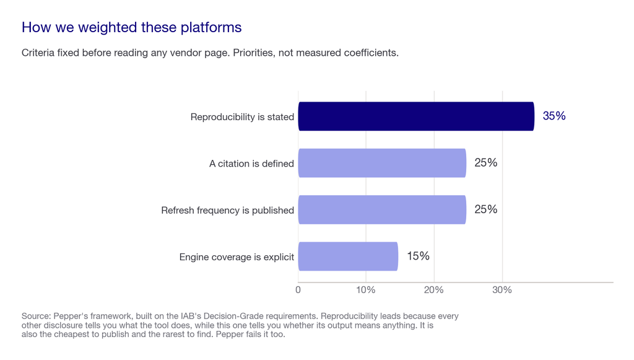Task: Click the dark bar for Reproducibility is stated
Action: coord(416,116)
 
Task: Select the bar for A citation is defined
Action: coord(382,163)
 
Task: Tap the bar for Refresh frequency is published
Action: coord(382,210)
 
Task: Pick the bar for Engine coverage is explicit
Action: coord(348,257)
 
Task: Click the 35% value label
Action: coord(554,116)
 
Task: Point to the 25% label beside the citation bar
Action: coord(485,162)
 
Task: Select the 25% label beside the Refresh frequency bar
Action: coord(485,209)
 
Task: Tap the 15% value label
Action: coord(418,256)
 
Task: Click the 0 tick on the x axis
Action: coord(298,290)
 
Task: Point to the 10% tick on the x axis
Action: coord(366,290)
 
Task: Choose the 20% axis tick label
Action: coord(434,290)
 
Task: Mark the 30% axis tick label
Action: coord(502,290)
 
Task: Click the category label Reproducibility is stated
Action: coord(242,117)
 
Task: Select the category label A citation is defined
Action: coord(251,164)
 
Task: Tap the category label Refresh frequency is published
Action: coord(228,210)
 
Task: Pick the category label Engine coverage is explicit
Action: coord(237,257)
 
